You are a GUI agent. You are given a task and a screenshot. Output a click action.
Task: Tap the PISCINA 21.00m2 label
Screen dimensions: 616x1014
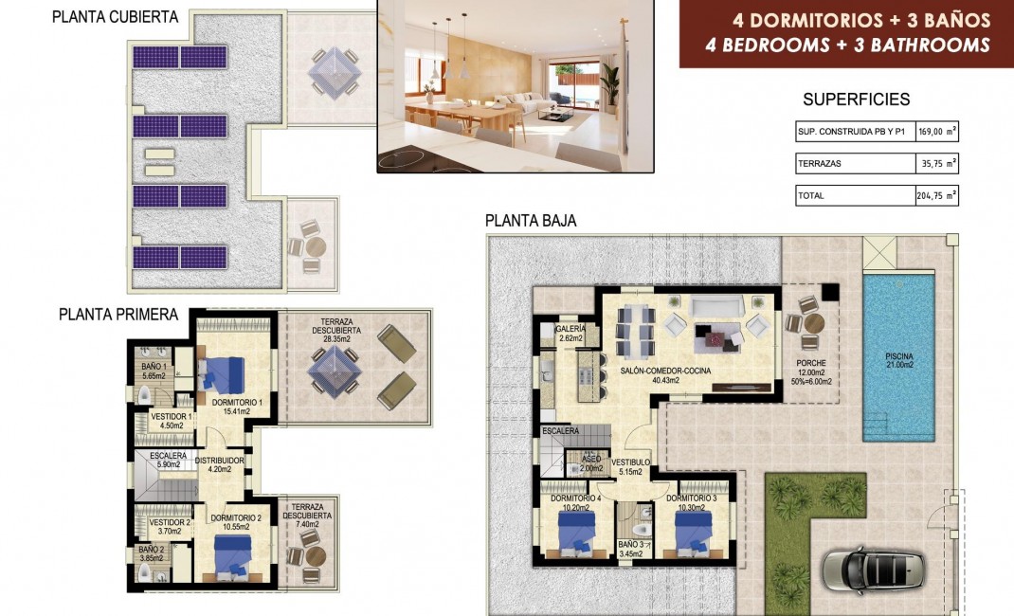[895, 359]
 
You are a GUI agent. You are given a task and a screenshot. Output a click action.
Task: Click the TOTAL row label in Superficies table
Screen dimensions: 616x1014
[812, 196]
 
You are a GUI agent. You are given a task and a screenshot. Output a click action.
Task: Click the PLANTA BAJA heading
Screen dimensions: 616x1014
[531, 221]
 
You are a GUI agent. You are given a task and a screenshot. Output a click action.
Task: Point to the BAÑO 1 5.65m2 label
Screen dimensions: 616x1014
[153, 371]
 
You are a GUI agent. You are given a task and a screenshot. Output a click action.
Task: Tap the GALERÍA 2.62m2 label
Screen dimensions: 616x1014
[571, 333]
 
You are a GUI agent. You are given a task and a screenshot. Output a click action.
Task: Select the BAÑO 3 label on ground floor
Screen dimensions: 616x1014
[631, 545]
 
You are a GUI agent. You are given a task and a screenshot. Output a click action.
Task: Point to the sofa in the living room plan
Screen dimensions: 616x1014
[716, 305]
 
